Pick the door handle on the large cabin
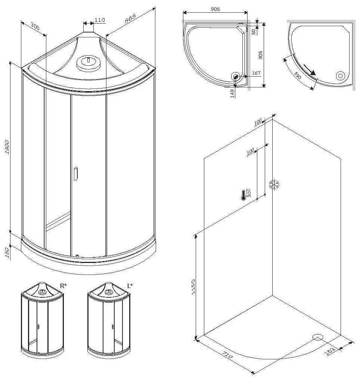pos(76,174)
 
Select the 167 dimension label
pos(256,73)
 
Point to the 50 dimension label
pos(254,31)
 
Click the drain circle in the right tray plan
pos(340,75)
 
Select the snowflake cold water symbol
pos(274,185)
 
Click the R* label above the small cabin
pos(63,286)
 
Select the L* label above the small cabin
pos(130,286)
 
